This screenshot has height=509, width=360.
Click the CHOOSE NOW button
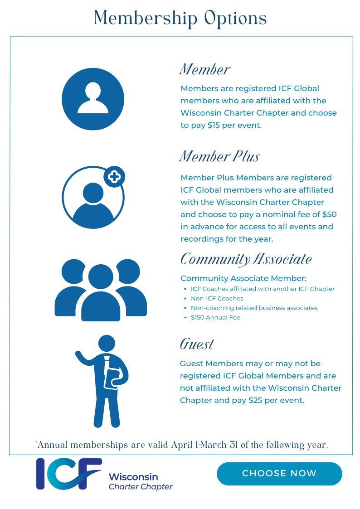(279, 474)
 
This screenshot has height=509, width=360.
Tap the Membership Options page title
(180, 18)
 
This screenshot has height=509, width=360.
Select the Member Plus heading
(220, 156)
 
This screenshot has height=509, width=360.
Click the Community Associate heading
(246, 259)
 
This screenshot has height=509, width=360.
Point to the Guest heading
(197, 344)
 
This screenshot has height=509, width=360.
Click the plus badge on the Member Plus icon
(114, 176)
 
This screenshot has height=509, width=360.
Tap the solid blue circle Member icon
(93, 99)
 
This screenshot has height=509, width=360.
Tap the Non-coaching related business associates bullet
(254, 308)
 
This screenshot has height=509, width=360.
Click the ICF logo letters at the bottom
(68, 474)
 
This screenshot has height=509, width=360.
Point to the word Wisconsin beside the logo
(133, 477)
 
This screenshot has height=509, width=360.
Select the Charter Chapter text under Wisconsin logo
(141, 487)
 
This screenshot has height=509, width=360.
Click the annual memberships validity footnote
(181, 445)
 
